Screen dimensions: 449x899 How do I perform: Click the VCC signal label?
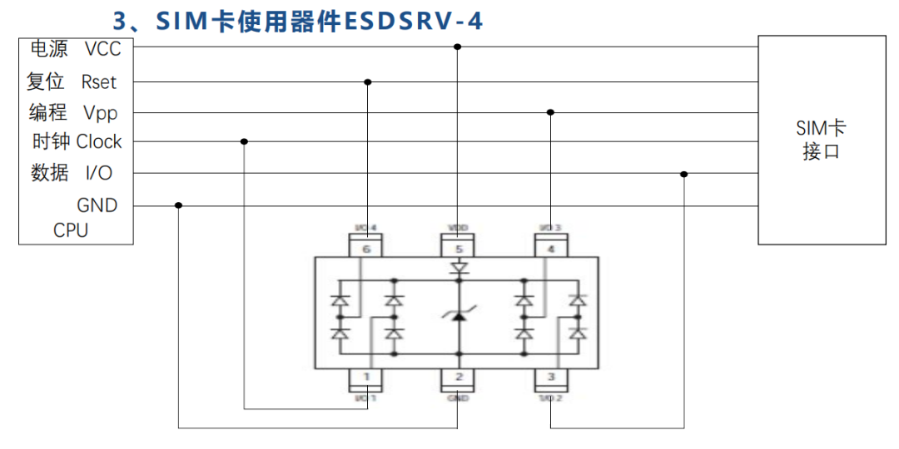(102, 49)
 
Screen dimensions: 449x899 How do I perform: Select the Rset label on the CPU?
(98, 82)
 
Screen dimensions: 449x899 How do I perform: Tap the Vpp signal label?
(100, 112)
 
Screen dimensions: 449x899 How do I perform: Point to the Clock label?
(99, 142)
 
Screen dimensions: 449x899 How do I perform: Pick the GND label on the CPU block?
(97, 205)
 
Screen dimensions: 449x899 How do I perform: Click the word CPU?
(71, 230)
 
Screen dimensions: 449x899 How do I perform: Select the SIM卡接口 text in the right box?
(821, 140)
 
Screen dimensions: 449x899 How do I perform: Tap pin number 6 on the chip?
(365, 248)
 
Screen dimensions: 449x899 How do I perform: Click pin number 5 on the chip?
(457, 248)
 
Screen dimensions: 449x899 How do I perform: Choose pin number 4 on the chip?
(550, 248)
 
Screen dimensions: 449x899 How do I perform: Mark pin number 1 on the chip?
(365, 377)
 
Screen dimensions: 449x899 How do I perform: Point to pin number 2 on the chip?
(458, 377)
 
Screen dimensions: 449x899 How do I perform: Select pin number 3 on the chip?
(550, 377)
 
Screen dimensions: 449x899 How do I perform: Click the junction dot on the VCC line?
(457, 47)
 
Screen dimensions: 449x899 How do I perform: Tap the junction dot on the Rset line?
(367, 82)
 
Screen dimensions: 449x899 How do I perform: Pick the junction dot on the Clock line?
(244, 141)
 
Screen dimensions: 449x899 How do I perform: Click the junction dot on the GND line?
(178, 205)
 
